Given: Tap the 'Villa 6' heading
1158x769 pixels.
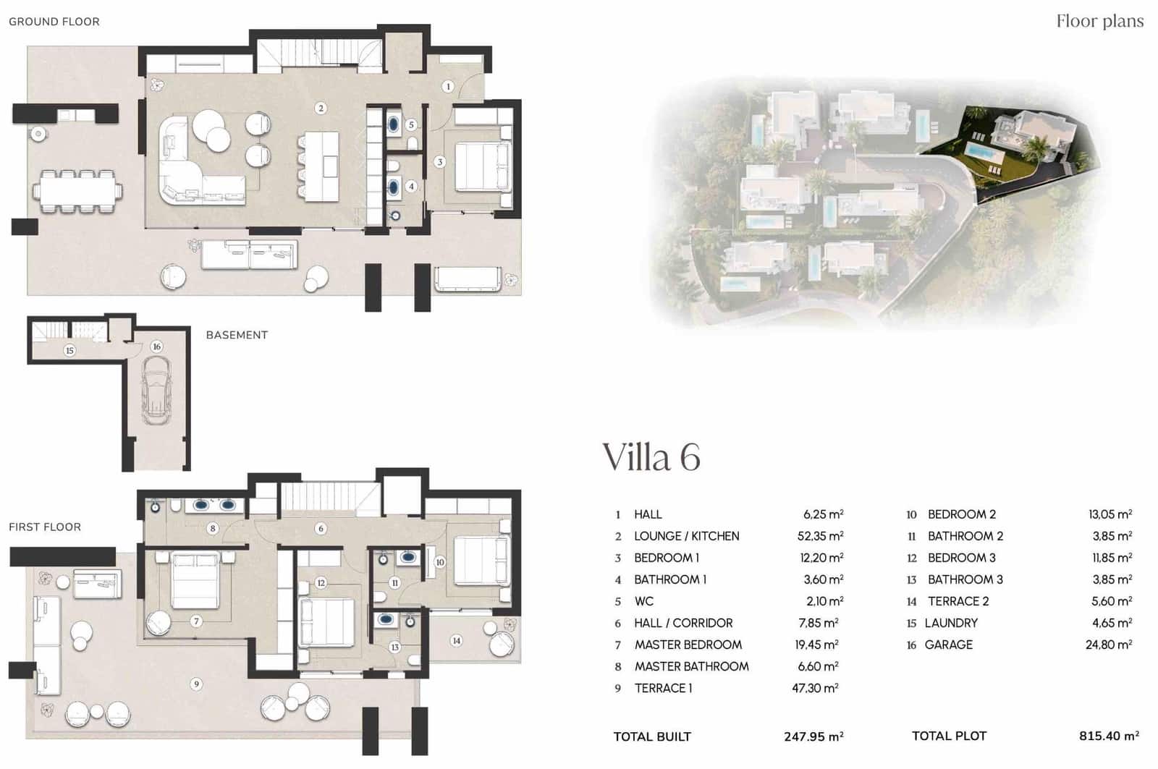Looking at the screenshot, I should point(651,457).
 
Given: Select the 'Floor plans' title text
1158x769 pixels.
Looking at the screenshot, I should point(1099,21).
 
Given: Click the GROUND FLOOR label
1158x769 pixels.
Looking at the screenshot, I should point(54,22).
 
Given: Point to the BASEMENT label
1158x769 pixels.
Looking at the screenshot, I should point(237,335).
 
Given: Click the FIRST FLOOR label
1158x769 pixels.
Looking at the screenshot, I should point(45,527).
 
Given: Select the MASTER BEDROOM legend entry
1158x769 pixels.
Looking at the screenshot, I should point(688,645).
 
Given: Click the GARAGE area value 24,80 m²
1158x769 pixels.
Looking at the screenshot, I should point(1108,645).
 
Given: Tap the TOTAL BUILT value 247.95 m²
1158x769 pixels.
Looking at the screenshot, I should point(813,736).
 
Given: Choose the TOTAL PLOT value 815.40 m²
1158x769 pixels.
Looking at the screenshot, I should point(1109,736).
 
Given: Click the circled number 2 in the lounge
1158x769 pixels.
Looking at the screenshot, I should point(321,109).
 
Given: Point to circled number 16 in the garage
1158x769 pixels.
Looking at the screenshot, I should point(156,347).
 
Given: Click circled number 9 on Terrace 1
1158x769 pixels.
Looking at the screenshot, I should point(196,684).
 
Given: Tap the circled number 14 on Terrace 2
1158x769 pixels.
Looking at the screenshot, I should point(456,640).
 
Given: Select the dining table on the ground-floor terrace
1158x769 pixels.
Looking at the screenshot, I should point(77,192).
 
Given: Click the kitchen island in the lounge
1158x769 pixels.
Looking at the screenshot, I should point(321,166).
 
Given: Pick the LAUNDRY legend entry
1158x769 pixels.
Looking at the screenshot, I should point(950,623).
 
